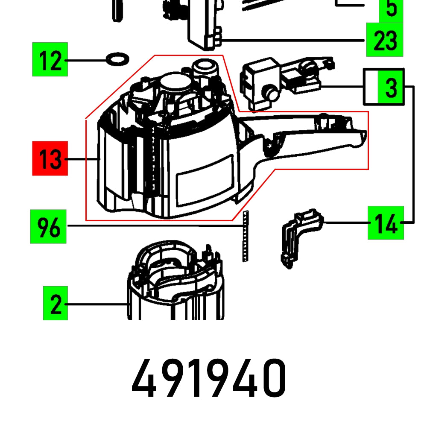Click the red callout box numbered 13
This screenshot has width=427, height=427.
point(50,158)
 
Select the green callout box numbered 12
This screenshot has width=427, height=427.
point(50,60)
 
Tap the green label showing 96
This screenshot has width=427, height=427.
point(48,226)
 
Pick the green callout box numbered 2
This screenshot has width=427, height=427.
point(56,303)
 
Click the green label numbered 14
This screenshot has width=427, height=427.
point(386,222)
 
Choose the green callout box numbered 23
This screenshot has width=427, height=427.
point(385,40)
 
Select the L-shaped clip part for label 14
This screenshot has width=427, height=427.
point(299,235)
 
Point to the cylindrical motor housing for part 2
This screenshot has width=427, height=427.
point(175,286)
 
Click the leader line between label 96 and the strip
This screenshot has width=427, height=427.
point(154,226)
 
